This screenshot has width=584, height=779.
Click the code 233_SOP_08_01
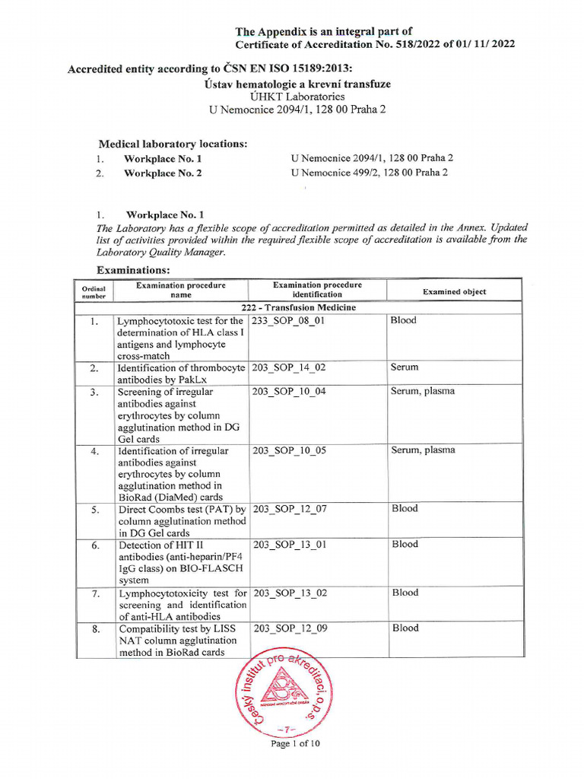288,321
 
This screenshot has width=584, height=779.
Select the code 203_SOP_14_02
289,367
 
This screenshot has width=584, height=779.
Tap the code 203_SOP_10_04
289,392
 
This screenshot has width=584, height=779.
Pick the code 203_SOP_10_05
289,450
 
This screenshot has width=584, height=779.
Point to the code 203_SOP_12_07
289,509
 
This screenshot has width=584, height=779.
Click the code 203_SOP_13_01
289,545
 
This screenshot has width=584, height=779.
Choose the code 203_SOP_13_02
289,593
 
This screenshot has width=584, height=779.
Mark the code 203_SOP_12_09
289,628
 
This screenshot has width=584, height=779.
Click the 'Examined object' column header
454,291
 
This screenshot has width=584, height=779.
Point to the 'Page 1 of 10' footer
296,744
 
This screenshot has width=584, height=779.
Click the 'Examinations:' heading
133,271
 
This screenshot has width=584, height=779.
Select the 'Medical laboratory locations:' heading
173,144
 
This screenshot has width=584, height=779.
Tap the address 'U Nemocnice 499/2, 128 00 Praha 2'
369,173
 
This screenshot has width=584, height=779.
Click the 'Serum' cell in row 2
405,367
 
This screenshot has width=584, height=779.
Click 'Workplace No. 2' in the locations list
163,173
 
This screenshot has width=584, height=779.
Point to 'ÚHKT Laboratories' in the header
297,97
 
